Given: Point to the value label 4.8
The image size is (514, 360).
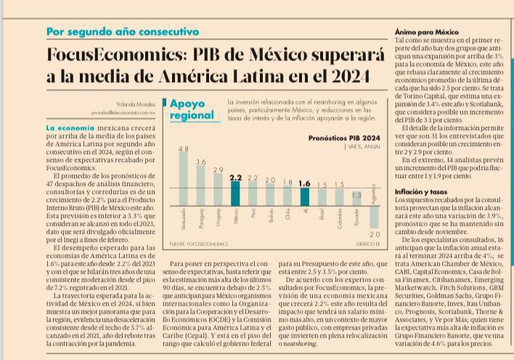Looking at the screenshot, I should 183,149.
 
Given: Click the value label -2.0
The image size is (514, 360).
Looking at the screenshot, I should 374,235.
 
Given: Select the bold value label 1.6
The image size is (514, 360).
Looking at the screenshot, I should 304,183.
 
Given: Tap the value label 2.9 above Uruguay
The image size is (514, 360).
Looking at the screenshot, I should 218,170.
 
